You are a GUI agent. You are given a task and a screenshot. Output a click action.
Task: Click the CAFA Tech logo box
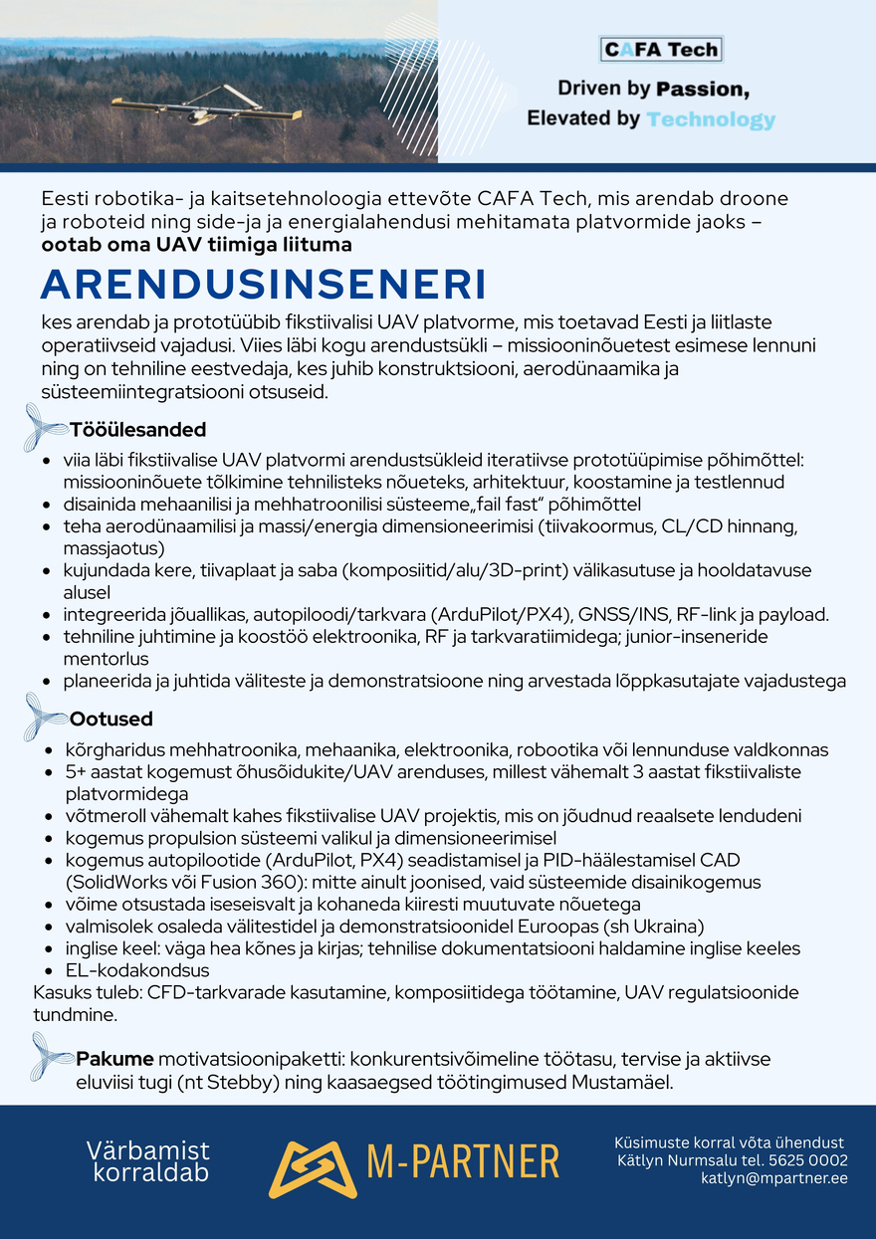(661, 49)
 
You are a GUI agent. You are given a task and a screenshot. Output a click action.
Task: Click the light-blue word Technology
(710, 119)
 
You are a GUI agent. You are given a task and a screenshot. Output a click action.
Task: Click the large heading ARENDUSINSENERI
(264, 285)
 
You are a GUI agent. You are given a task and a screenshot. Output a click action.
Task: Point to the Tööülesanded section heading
(137, 430)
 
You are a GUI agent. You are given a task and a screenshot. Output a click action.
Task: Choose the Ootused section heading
(110, 719)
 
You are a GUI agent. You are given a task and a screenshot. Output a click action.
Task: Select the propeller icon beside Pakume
(52, 1055)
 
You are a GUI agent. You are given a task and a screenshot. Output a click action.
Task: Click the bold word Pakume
(114, 1058)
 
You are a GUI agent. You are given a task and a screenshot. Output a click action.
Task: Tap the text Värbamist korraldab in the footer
(148, 1162)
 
